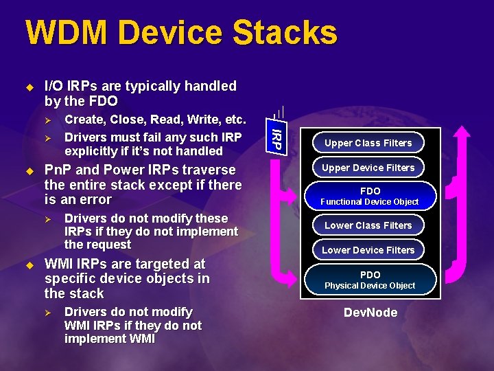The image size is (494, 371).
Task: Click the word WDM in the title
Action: [x=62, y=33]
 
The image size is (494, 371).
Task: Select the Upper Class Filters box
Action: [x=368, y=143]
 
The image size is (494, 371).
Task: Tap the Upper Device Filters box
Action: [x=368, y=168]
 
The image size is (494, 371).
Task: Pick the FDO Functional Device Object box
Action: [x=370, y=196]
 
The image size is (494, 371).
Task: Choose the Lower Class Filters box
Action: [x=368, y=225]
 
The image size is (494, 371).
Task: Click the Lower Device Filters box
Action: [x=368, y=250]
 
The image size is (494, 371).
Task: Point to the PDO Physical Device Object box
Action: [x=370, y=280]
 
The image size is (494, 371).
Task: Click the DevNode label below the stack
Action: [x=370, y=313]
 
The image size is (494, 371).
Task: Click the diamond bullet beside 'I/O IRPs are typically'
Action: [x=29, y=87]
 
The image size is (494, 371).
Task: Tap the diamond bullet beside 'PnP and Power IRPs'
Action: [x=29, y=170]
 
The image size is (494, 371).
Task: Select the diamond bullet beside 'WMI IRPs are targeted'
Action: [x=29, y=265]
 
